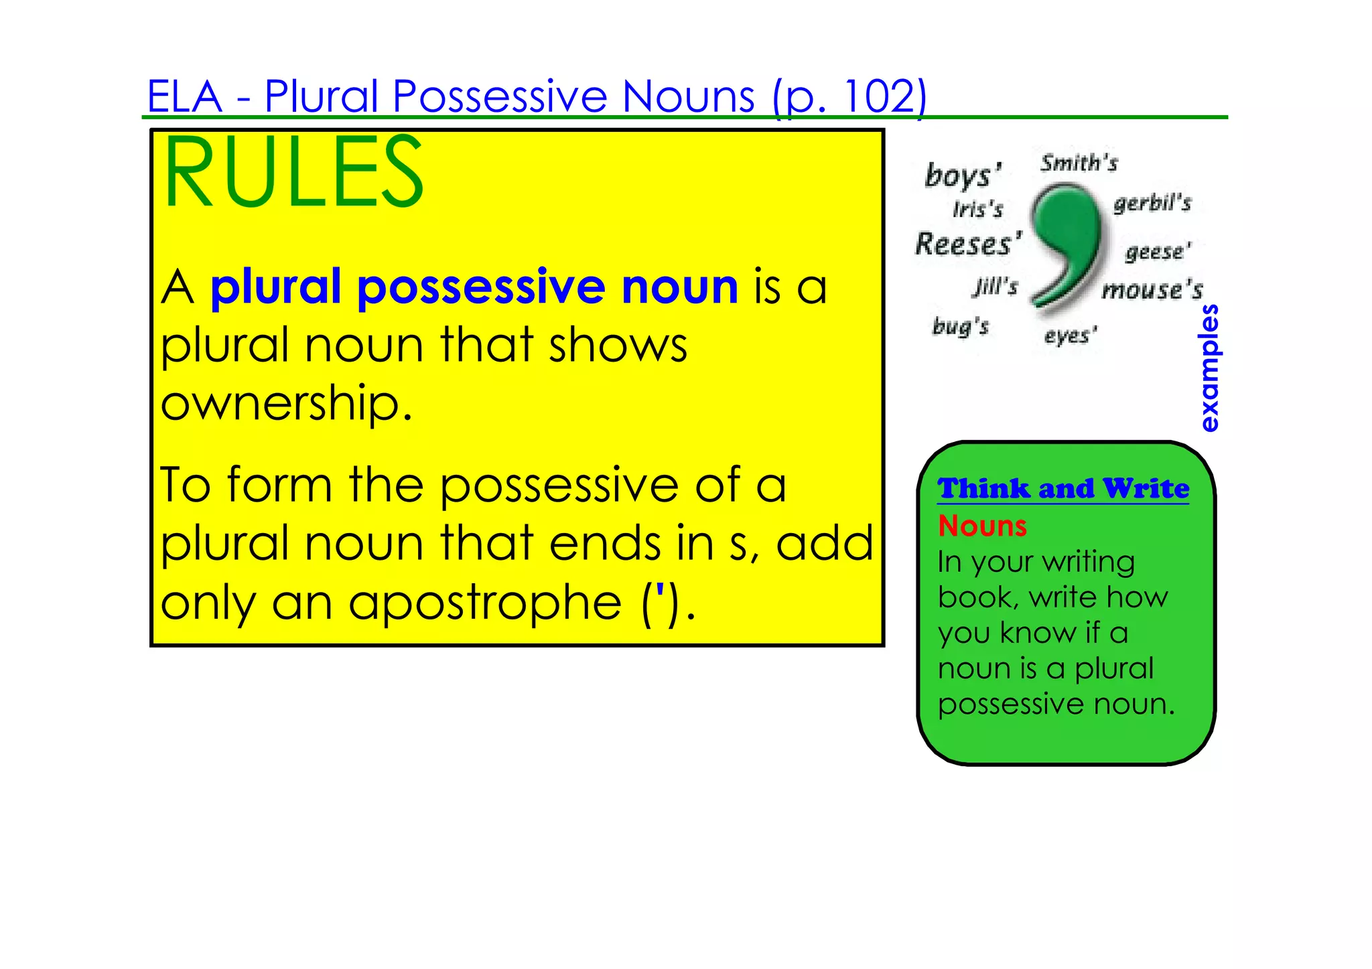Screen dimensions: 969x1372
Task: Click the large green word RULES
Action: click(293, 173)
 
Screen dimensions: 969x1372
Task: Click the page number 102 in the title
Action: click(878, 96)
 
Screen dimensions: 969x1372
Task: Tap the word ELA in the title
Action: click(184, 96)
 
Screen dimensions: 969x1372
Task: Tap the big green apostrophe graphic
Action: click(1065, 248)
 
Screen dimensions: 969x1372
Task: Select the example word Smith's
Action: click(1079, 163)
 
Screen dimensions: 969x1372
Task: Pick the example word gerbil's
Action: click(1152, 203)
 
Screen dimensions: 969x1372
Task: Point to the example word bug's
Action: click(961, 327)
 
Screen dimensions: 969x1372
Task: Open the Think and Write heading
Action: click(1063, 489)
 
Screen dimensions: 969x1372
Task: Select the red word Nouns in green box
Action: click(982, 526)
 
